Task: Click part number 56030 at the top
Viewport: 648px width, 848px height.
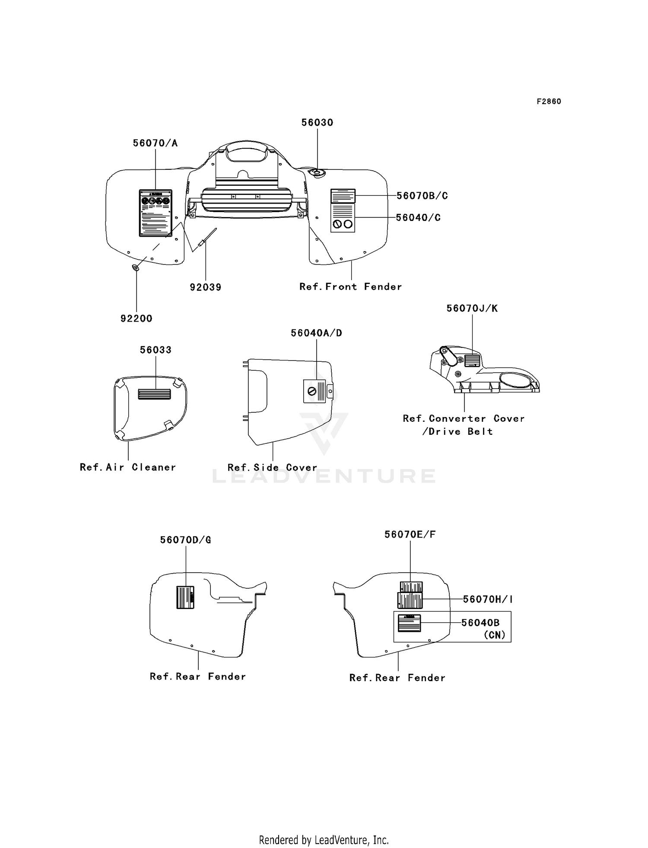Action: tap(317, 122)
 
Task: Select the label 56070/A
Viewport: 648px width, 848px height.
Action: tap(155, 143)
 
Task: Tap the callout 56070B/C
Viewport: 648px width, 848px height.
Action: tap(422, 196)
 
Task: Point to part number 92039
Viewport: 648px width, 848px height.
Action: tap(206, 287)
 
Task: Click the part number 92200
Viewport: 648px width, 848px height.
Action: tap(137, 319)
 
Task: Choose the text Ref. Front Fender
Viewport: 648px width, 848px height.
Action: tap(350, 287)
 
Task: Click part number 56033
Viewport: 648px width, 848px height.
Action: tap(156, 350)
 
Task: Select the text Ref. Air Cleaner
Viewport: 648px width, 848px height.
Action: tap(128, 467)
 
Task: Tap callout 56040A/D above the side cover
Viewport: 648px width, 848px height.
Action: tap(316, 333)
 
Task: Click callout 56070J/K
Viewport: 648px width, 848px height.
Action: tap(472, 308)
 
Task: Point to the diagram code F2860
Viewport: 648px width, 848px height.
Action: tap(549, 102)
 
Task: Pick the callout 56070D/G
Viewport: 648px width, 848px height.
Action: tap(186, 540)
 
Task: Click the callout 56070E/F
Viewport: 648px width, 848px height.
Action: tap(410, 535)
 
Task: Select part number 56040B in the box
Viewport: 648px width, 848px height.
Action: tap(480, 622)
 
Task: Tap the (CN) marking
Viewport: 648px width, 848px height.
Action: tap(495, 635)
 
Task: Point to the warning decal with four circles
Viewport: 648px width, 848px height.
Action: tap(156, 213)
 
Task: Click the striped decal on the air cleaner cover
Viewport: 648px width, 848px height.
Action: tap(154, 394)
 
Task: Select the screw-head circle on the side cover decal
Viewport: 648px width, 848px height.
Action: tap(311, 392)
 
